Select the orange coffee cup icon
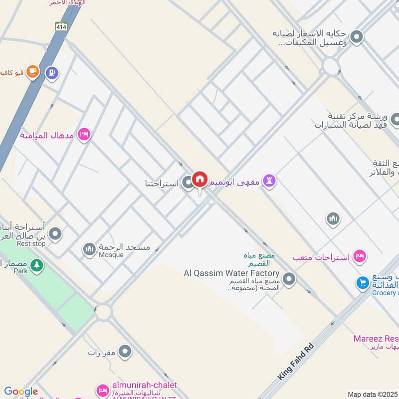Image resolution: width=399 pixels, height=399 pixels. [33, 72]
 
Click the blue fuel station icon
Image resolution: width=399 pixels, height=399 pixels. [52, 73]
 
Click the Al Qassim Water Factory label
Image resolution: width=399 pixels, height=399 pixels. [231, 273]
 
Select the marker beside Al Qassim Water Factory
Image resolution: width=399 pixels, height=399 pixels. [289, 278]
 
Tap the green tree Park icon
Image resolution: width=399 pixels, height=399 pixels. [36, 265]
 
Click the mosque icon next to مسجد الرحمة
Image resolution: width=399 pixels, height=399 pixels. [89, 248]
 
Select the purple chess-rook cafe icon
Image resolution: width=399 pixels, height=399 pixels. [270, 182]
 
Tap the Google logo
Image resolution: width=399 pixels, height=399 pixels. [20, 392]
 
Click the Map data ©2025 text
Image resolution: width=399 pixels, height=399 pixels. [373, 394]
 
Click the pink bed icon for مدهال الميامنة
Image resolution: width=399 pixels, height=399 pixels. [84, 135]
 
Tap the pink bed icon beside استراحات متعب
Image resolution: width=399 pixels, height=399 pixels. [359, 257]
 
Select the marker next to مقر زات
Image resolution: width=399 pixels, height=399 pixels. [125, 352]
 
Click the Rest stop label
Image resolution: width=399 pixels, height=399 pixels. [31, 243]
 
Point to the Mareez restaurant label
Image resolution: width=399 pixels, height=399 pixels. [377, 339]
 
